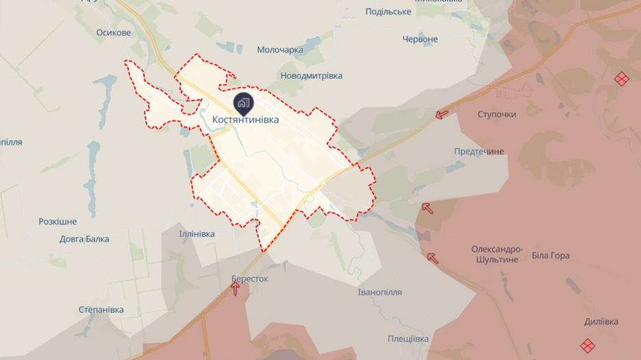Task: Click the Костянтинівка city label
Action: click(246, 120)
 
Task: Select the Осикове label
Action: click(114, 33)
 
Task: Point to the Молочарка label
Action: click(280, 50)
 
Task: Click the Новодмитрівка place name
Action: click(312, 76)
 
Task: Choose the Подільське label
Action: click(388, 12)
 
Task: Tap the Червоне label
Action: click(420, 39)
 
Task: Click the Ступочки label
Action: click(497, 114)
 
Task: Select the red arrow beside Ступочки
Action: click(442, 114)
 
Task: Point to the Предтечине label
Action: click(479, 151)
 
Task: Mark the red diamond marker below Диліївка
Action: click(587, 346)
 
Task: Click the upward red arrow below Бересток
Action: click(236, 290)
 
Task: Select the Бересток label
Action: click(250, 279)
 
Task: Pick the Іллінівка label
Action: click(197, 234)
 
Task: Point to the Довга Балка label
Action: click(84, 239)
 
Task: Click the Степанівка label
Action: click(101, 310)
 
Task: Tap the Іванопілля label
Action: click(380, 292)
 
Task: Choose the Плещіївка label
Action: click(408, 339)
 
